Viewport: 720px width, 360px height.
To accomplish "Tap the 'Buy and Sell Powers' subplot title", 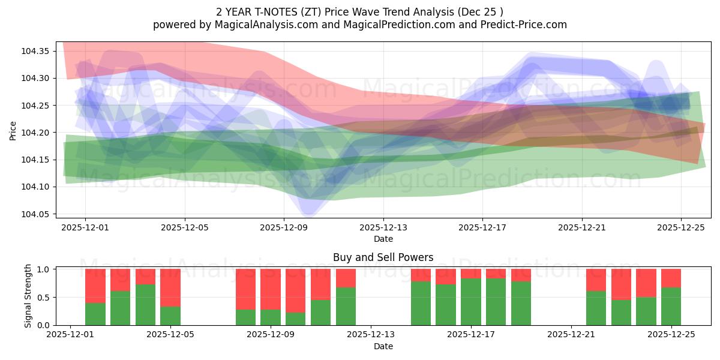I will coord(383,257).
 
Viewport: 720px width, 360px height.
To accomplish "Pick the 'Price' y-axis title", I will coord(13,130).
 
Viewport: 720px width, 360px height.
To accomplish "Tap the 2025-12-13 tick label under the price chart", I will coord(383,228).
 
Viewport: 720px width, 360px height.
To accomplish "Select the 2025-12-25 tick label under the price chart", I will coord(681,228).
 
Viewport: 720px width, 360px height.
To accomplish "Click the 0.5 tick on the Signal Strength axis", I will coord(43,297).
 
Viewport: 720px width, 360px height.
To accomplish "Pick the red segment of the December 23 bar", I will coord(621,284).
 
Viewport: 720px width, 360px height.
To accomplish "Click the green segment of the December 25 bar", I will coord(671,307).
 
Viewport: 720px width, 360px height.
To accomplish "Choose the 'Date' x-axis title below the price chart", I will coord(383,239).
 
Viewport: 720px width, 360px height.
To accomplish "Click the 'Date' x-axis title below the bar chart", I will coord(383,346).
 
